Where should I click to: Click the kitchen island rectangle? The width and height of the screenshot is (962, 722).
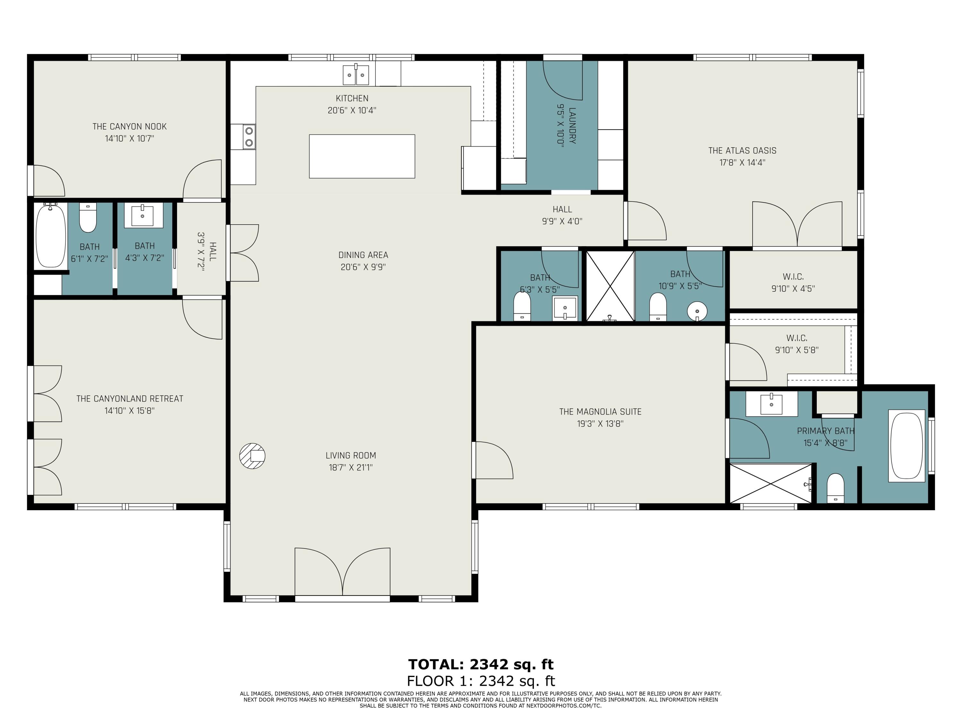[x=362, y=156]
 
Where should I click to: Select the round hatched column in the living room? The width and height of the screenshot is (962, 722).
[x=252, y=456]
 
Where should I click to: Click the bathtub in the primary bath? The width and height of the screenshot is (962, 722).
[x=907, y=446]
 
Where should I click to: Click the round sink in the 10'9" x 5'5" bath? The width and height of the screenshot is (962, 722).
[x=697, y=312]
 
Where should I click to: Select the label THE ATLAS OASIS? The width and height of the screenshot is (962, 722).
[x=742, y=150]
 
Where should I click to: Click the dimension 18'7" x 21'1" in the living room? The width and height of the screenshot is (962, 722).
[x=350, y=468]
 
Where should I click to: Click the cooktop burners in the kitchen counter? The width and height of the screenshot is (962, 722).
[x=249, y=136]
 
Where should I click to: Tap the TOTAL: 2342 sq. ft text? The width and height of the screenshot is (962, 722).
[x=481, y=665]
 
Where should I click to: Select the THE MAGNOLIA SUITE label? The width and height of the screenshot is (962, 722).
[x=600, y=412]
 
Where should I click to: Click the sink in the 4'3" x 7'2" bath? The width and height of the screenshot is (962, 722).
[x=143, y=215]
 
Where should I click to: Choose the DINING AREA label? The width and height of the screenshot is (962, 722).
[x=363, y=255]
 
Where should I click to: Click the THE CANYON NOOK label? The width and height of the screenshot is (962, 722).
[x=130, y=127]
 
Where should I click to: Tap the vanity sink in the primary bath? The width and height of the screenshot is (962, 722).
[x=772, y=404]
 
